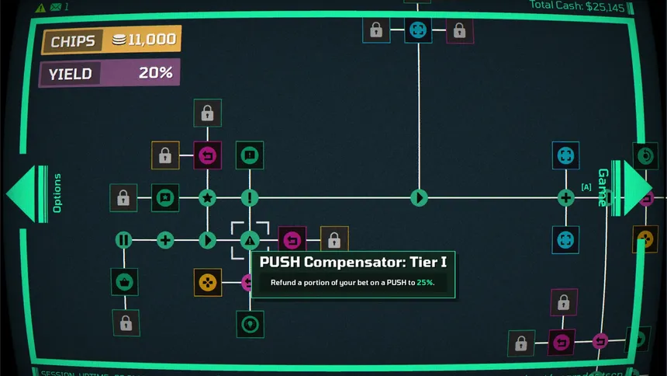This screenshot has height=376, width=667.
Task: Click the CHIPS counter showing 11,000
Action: (111, 40)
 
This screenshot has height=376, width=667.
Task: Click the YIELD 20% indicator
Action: (109, 74)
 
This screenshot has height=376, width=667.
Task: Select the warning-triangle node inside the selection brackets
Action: (249, 240)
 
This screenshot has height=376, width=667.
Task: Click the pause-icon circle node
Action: (124, 240)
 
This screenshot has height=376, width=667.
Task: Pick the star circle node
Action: (207, 198)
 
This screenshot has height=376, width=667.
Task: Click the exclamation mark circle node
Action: (249, 198)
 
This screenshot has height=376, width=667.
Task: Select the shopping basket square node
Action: (124, 282)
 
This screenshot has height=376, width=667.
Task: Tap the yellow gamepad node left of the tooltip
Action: (207, 282)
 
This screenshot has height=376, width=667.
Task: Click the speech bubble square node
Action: (249, 155)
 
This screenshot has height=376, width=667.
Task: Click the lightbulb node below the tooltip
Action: (249, 324)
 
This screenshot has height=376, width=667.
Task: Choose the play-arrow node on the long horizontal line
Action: (419, 198)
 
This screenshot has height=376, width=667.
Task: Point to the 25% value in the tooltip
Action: (425, 283)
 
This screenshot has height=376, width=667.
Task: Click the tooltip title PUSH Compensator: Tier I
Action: (353, 262)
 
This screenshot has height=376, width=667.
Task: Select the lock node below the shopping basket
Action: (125, 323)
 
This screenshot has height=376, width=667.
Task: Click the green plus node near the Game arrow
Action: (566, 198)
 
